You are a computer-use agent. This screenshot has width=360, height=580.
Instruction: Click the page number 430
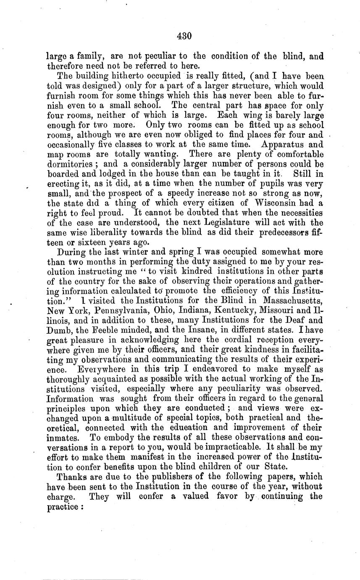184,37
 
